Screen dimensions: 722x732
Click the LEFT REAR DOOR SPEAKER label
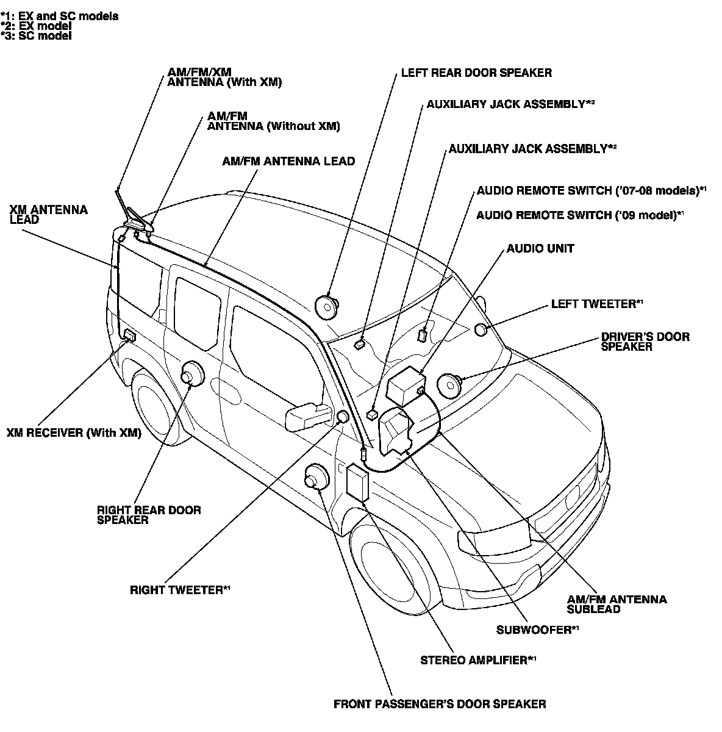coord(476,73)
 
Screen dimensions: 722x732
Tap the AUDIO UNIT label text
coord(540,248)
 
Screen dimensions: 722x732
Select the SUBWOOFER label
coord(537,630)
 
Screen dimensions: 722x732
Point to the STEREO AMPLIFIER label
coord(478,661)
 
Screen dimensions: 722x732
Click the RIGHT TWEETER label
coord(180,590)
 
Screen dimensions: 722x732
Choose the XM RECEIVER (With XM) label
coord(74,432)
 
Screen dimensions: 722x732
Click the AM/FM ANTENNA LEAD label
coord(288,161)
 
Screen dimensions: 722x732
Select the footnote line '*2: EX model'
coord(36,26)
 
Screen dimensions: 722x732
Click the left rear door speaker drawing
coord(326,307)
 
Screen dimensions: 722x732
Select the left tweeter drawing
coord(481,329)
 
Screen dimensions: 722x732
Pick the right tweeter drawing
coord(343,417)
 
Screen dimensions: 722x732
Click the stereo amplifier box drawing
coord(357,483)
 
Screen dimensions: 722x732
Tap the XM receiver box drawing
coord(129,335)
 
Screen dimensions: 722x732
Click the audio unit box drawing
coord(406,386)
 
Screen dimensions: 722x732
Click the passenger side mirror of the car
coord(309,417)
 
